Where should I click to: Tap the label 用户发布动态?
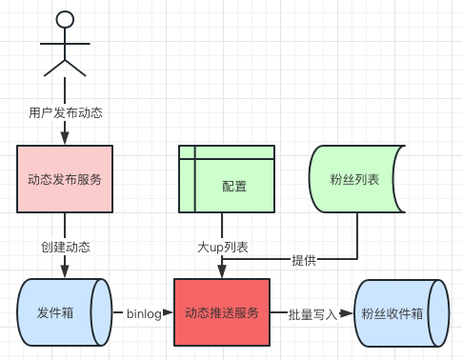coord(66,112)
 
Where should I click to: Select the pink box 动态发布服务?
coord(65,179)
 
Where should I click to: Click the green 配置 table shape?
coord(227,179)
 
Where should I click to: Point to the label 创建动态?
coord(66,247)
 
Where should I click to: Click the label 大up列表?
coord(222,247)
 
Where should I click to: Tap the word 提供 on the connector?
coord(304,260)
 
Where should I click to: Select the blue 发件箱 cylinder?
coord(65,312)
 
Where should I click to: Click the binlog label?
coord(144,313)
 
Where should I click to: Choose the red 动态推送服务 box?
coord(222,312)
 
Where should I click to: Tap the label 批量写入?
coord(312,314)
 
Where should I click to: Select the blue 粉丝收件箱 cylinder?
coord(402,313)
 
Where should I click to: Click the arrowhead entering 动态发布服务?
coord(65,138)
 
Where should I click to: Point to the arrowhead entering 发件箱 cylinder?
coord(65,271)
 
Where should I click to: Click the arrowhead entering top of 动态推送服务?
coord(222,271)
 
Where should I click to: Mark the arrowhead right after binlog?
coord(168,312)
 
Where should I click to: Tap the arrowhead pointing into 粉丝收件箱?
coord(347,313)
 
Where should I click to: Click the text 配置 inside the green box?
coord(234,186)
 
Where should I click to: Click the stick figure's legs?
coord(65,68)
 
